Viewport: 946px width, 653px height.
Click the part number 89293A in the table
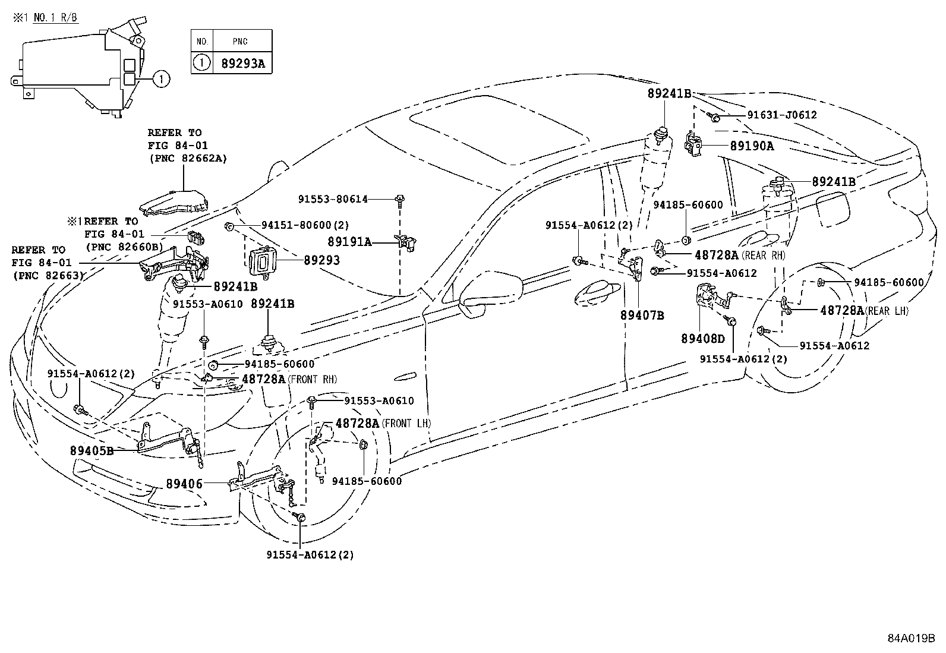[x=242, y=62]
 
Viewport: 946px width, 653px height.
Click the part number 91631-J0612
[x=781, y=115]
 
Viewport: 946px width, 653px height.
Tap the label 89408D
[x=703, y=338]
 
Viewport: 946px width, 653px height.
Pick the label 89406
[x=184, y=484]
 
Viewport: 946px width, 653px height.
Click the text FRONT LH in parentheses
[x=406, y=424]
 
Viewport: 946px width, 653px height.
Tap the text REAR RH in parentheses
[x=764, y=255]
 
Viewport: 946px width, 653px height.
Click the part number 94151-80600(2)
[x=305, y=225]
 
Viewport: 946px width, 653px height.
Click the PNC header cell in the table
[x=240, y=42]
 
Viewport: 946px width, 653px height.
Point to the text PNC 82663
[x=48, y=275]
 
